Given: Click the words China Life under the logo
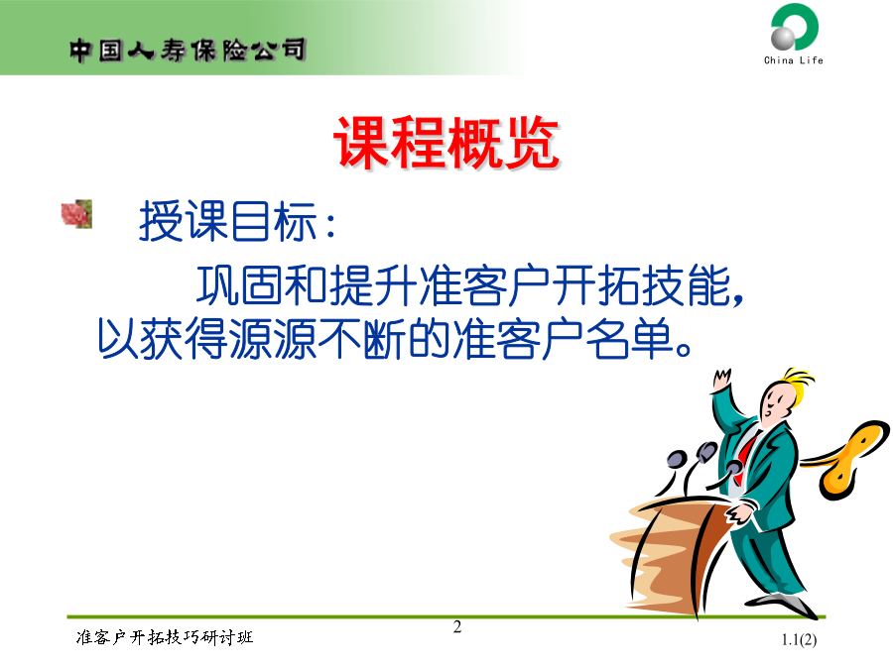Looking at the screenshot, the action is click(x=794, y=59).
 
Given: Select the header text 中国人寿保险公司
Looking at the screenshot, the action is click(x=188, y=51).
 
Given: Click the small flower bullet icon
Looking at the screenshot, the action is click(x=76, y=214).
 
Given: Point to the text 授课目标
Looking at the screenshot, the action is click(x=228, y=221).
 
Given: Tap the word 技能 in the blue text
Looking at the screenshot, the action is click(x=687, y=284).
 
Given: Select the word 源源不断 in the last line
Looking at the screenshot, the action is click(x=319, y=338).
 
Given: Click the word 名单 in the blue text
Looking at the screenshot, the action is click(x=629, y=338).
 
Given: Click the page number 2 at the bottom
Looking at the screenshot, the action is click(x=457, y=627).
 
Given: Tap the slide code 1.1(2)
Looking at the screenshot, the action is click(x=799, y=640).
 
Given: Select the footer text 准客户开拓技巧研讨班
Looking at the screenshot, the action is click(x=165, y=637).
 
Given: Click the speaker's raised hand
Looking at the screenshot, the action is click(x=721, y=380).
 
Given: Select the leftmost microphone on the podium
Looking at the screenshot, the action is click(x=676, y=459).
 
